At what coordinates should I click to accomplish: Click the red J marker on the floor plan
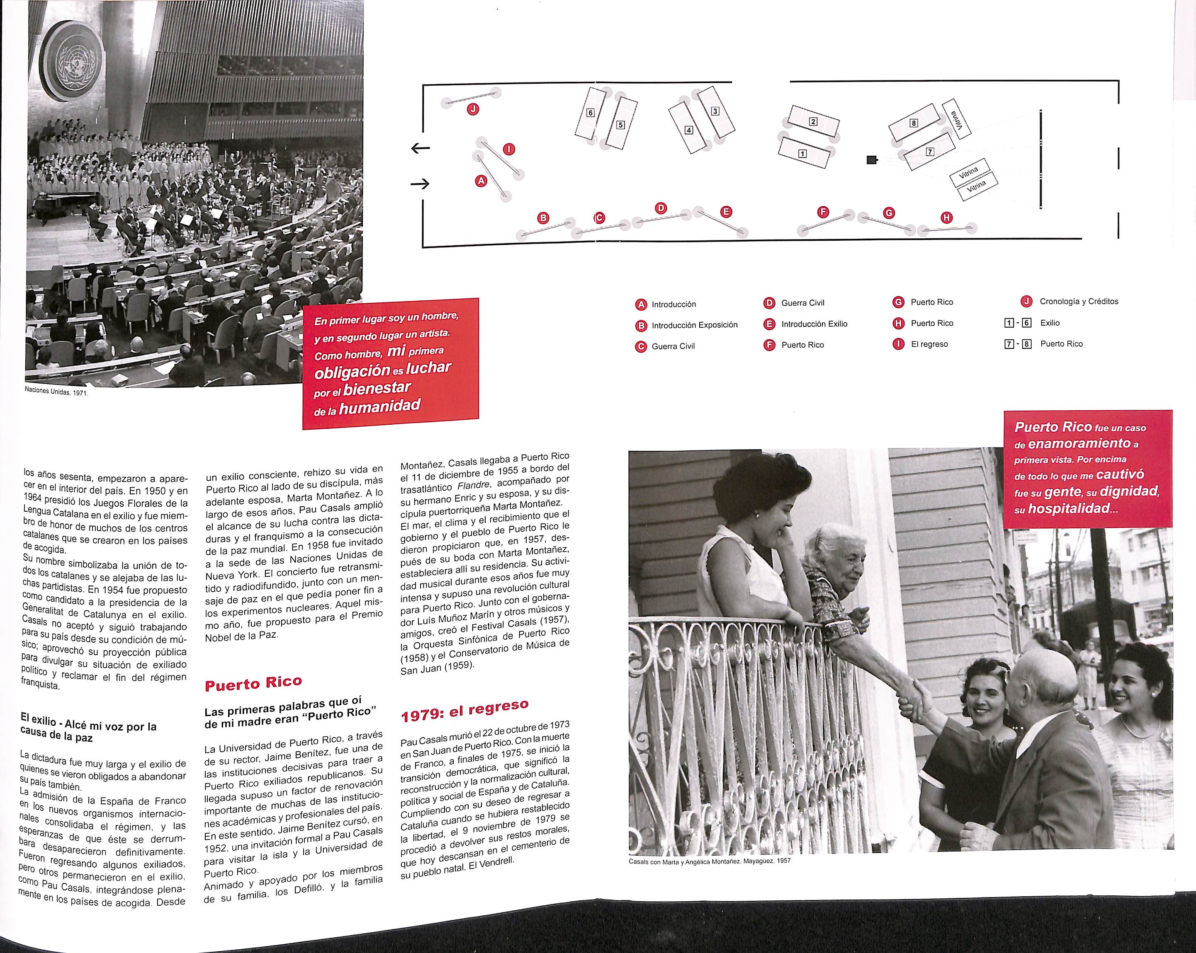(x=473, y=109)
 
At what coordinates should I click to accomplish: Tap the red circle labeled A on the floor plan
(x=481, y=180)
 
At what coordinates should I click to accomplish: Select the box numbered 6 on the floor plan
(x=590, y=113)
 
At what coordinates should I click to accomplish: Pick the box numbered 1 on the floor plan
(x=802, y=154)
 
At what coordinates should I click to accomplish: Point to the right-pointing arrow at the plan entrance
(x=420, y=184)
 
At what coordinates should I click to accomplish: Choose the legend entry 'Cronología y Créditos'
(x=1078, y=302)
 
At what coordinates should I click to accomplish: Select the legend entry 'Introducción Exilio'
(x=814, y=324)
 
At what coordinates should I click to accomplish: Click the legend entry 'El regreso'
(x=929, y=344)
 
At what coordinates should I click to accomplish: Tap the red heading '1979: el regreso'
(x=464, y=711)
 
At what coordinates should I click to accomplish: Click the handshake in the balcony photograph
(x=912, y=699)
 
